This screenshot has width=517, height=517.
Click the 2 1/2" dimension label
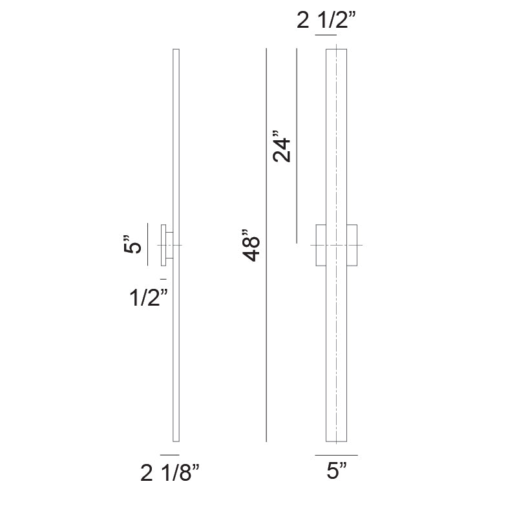click(x=326, y=21)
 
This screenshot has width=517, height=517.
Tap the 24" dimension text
click(x=282, y=149)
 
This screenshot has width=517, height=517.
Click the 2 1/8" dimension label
click(x=169, y=475)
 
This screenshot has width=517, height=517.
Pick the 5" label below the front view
click(x=336, y=472)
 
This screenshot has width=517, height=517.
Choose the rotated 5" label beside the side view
click(x=132, y=246)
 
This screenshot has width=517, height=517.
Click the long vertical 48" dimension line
click(x=266, y=246)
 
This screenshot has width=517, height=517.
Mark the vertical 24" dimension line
click(x=297, y=145)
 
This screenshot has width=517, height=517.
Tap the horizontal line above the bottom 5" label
click(x=336, y=455)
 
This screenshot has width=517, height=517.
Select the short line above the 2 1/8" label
click(x=169, y=456)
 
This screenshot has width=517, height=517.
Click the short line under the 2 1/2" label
click(x=326, y=36)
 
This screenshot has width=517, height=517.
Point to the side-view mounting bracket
click(x=167, y=245)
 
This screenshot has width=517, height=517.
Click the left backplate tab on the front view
click(x=320, y=245)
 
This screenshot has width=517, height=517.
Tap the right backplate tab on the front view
click(x=352, y=245)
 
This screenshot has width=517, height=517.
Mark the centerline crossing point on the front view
click(x=337, y=246)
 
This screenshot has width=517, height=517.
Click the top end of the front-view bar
click(x=337, y=50)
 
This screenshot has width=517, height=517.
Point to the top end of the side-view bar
click(x=176, y=50)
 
